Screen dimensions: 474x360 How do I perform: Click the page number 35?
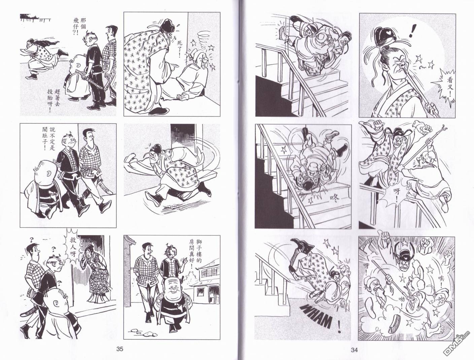coord(120,349)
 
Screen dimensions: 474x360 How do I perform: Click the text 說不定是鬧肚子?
coord(49,142)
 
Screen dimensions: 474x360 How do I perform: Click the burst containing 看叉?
coord(447,87)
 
